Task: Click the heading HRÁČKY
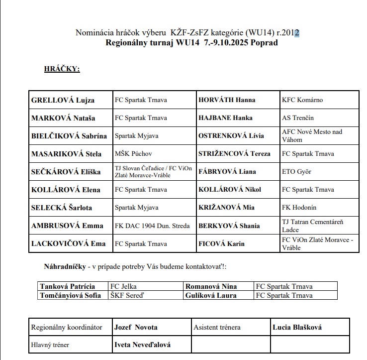(x=62, y=69)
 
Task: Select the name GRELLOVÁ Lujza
(x=63, y=100)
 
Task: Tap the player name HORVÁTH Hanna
(x=227, y=100)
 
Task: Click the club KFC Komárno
(x=302, y=100)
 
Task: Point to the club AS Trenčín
(x=298, y=118)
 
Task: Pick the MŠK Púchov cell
(x=133, y=154)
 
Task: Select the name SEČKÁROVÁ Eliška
(x=66, y=172)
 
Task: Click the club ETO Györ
(x=296, y=172)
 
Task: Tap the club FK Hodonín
(x=299, y=208)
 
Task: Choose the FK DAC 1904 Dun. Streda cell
(x=152, y=226)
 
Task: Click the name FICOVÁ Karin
(x=223, y=243)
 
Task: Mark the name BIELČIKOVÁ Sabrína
(x=69, y=136)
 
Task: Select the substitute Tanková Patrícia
(x=67, y=286)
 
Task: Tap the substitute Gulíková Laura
(x=212, y=295)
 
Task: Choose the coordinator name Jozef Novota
(x=136, y=327)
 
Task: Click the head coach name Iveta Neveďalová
(x=142, y=345)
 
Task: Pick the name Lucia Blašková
(x=297, y=327)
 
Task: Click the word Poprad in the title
(x=263, y=43)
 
